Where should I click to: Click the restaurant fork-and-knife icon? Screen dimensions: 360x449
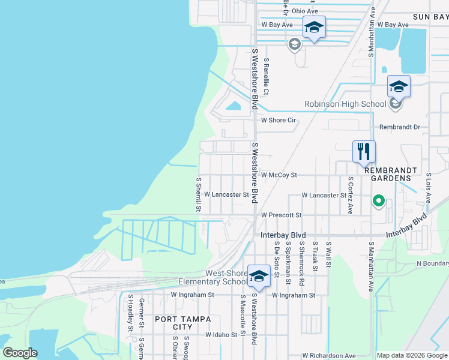364,152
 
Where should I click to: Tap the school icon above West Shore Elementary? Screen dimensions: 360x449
259,276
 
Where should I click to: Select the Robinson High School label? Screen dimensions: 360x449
345,104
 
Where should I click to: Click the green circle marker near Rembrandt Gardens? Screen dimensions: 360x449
378,201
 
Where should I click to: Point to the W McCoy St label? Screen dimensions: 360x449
279,175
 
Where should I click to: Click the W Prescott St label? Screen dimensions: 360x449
280,214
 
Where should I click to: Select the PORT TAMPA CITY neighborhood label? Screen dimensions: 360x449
182,323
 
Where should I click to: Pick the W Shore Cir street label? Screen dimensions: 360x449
278,120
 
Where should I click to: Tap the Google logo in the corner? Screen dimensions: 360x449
20,353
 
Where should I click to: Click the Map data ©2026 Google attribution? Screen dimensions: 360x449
412,355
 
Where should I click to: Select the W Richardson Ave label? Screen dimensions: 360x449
330,356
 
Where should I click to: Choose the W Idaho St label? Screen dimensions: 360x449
226,334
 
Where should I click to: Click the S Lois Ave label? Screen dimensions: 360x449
428,187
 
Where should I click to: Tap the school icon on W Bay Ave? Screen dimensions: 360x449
313,28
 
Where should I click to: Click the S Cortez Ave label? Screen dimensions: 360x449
350,195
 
